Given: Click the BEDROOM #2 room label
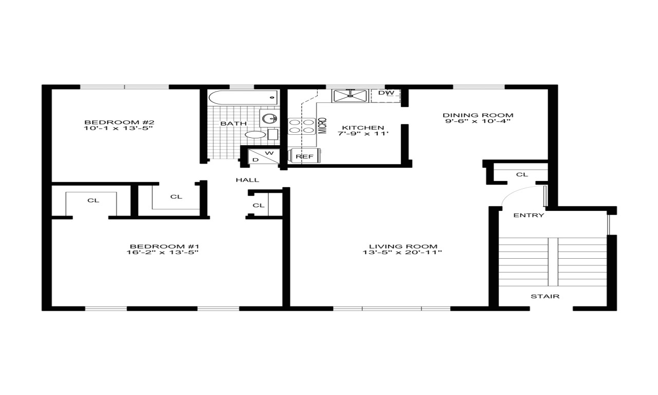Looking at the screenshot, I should pyautogui.click(x=119, y=122).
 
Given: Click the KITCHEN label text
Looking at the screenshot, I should pyautogui.click(x=363, y=128).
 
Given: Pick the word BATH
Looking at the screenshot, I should pyautogui.click(x=233, y=123).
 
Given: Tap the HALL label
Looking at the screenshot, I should pyautogui.click(x=247, y=180).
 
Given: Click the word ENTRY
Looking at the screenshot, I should pyautogui.click(x=528, y=216).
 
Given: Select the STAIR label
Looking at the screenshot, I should pyautogui.click(x=545, y=296).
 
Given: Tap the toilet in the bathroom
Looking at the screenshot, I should pyautogui.click(x=255, y=135).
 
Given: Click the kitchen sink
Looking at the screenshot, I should pyautogui.click(x=351, y=94).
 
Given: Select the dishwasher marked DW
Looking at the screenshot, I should pyautogui.click(x=386, y=95).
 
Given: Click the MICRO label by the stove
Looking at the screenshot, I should pyautogui.click(x=323, y=125).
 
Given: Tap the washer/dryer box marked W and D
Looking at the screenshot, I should pyautogui.click(x=263, y=156).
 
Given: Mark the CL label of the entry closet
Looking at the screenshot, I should pyautogui.click(x=522, y=174).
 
